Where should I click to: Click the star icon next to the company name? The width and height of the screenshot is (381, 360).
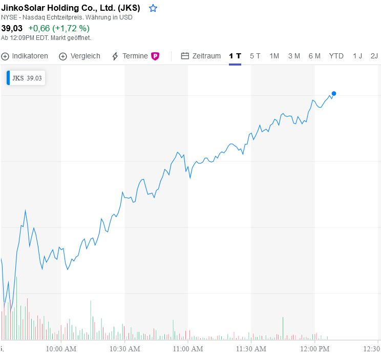[153, 8]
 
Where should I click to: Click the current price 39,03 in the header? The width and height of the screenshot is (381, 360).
[12, 28]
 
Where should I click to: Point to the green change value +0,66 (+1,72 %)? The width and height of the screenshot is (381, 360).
[59, 28]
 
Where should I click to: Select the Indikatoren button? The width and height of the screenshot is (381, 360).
[25, 56]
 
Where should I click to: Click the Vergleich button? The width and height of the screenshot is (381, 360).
[79, 56]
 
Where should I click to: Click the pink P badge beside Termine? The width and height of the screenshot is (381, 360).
[155, 56]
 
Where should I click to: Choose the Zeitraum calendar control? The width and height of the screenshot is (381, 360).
[201, 56]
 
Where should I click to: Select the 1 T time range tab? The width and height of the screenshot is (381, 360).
[235, 56]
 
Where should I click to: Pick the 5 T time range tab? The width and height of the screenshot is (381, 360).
[255, 56]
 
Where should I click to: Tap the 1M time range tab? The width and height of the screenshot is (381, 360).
[274, 56]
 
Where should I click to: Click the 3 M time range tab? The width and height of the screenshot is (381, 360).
[294, 56]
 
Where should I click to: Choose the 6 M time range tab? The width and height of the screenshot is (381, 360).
[314, 56]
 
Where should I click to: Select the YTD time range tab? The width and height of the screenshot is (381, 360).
[336, 56]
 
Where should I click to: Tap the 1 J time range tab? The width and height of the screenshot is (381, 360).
[357, 56]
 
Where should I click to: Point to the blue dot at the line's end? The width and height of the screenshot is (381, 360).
[334, 93]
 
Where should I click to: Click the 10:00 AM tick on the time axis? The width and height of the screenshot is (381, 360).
[61, 349]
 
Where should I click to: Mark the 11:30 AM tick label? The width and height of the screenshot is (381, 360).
[251, 349]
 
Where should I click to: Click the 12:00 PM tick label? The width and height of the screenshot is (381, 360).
[314, 349]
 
